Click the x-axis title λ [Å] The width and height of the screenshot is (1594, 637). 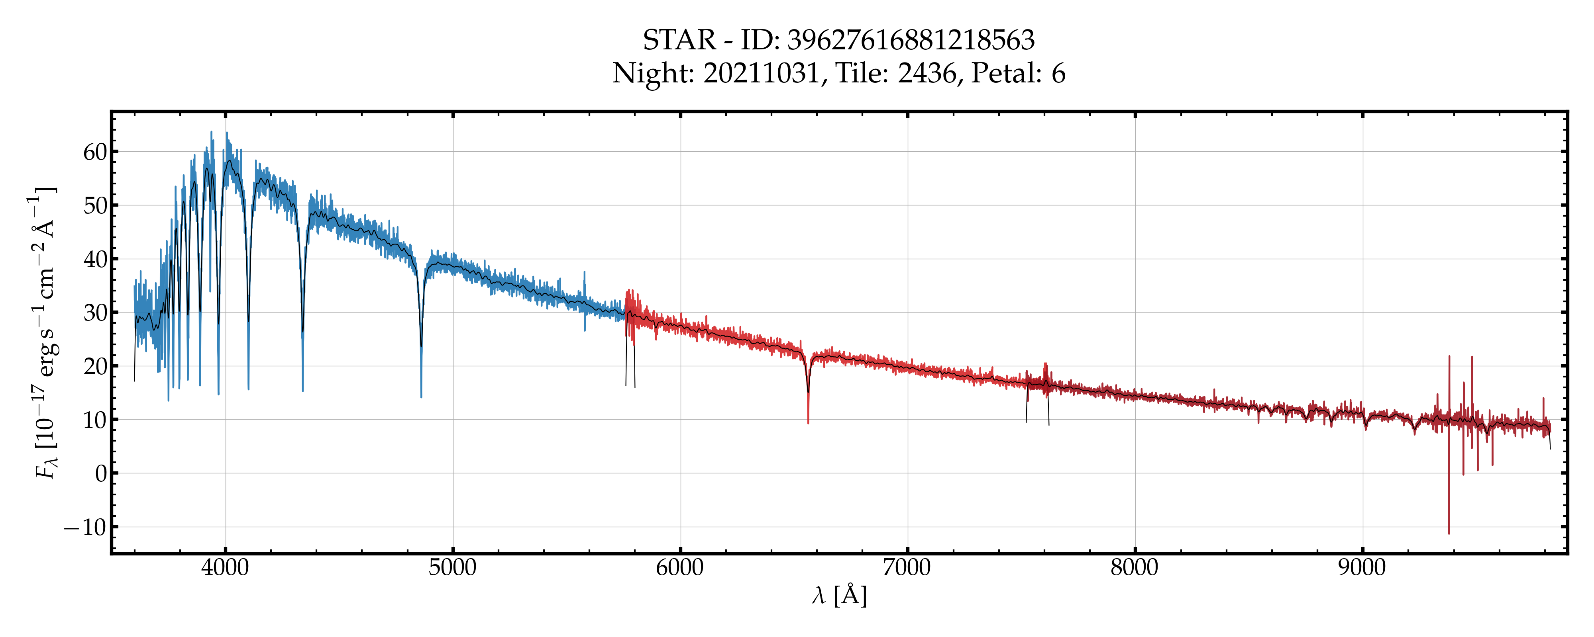pyautogui.click(x=839, y=596)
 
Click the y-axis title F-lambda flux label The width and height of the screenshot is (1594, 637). pyautogui.click(x=45, y=334)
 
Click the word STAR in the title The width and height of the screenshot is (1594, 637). pyautogui.click(x=679, y=40)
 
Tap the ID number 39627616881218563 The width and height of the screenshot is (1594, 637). pyautogui.click(x=911, y=40)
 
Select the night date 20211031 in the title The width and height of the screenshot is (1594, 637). pyautogui.click(x=761, y=74)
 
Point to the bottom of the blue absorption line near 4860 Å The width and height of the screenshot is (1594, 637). pyautogui.click(x=421, y=397)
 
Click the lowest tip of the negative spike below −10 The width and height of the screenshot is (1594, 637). pyautogui.click(x=1449, y=533)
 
